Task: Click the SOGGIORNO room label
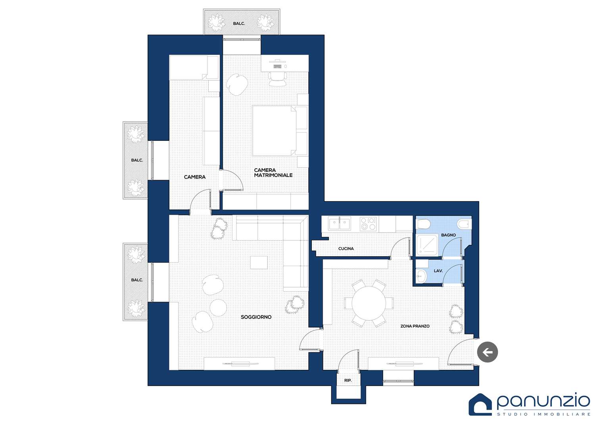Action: click(256, 317)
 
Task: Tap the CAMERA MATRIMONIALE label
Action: click(273, 173)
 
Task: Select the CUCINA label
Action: click(346, 248)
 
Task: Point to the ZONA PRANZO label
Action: click(415, 326)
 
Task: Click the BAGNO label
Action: click(448, 235)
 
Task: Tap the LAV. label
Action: click(438, 271)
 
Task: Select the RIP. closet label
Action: click(348, 381)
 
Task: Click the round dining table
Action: click(369, 303)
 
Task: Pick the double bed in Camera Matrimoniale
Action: click(274, 131)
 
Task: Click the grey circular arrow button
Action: click(488, 352)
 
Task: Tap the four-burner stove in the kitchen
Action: click(368, 224)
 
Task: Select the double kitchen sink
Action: click(339, 223)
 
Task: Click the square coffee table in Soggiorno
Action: click(259, 262)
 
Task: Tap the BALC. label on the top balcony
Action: click(239, 23)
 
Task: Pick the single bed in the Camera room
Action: click(194, 67)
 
